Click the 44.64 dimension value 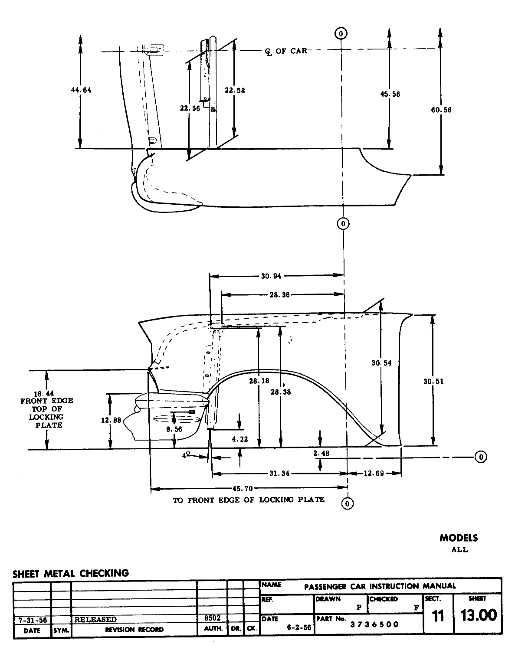[x=81, y=90]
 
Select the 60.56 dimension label [x=441, y=110]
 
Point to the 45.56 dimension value [x=389, y=94]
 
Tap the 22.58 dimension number [x=235, y=91]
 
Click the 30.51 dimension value [x=433, y=382]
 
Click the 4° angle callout [x=186, y=456]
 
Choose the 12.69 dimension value [x=374, y=474]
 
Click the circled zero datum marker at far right [x=480, y=457]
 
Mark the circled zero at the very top [x=341, y=33]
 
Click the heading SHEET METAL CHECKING [x=71, y=573]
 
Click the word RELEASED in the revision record [x=95, y=620]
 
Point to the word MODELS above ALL [x=459, y=538]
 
